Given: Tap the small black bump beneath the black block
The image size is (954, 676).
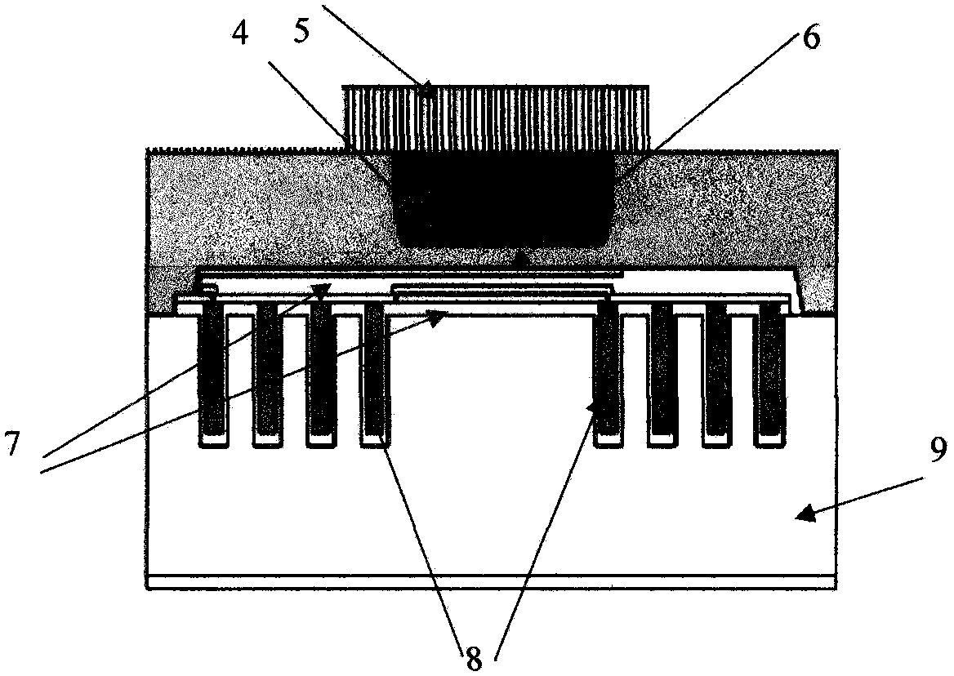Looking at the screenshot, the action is tap(520, 258).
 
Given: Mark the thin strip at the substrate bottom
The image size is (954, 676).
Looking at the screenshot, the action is tap(491, 584).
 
